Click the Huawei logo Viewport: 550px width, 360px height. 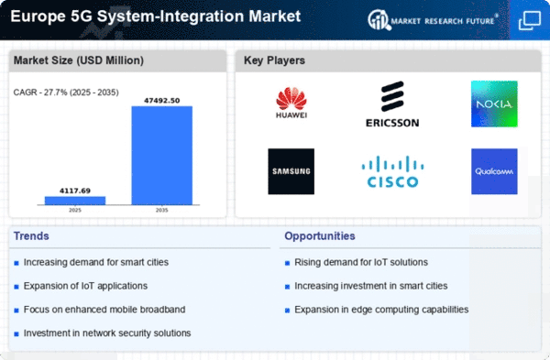[x=291, y=103]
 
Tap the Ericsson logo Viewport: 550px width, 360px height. [x=392, y=104]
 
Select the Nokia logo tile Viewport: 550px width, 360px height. [x=494, y=104]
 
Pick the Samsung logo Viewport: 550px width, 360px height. [x=291, y=171]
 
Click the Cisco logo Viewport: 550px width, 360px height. [x=392, y=172]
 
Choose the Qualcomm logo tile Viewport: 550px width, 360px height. [x=494, y=171]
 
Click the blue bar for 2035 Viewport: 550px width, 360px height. [x=162, y=156]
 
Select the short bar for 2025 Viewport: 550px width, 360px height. [x=75, y=201]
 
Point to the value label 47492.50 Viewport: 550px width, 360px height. [x=162, y=101]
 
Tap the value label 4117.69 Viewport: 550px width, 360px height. [x=75, y=191]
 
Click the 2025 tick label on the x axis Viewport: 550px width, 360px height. [x=75, y=211]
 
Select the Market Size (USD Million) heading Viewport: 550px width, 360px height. [x=79, y=60]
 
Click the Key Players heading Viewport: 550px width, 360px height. [x=274, y=60]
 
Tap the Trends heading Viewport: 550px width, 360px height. [x=31, y=236]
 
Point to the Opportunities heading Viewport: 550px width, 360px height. [x=320, y=236]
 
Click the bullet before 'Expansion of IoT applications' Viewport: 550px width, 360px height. [x=16, y=287]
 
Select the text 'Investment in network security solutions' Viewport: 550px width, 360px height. [x=107, y=333]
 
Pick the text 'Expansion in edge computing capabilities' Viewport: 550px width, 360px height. [x=381, y=310]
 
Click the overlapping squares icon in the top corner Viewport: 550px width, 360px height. [x=530, y=20]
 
